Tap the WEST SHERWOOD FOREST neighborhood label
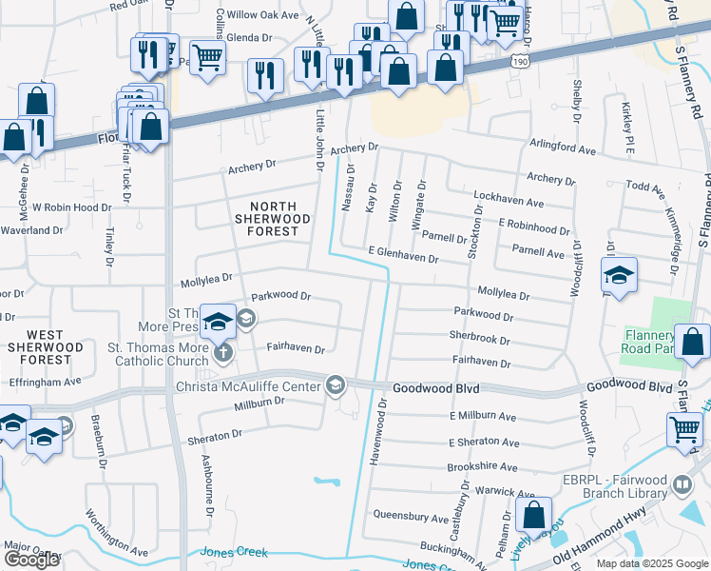[x=45, y=347]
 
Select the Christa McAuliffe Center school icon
[x=335, y=385]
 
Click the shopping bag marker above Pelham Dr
[x=533, y=514]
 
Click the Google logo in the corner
[x=31, y=560]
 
